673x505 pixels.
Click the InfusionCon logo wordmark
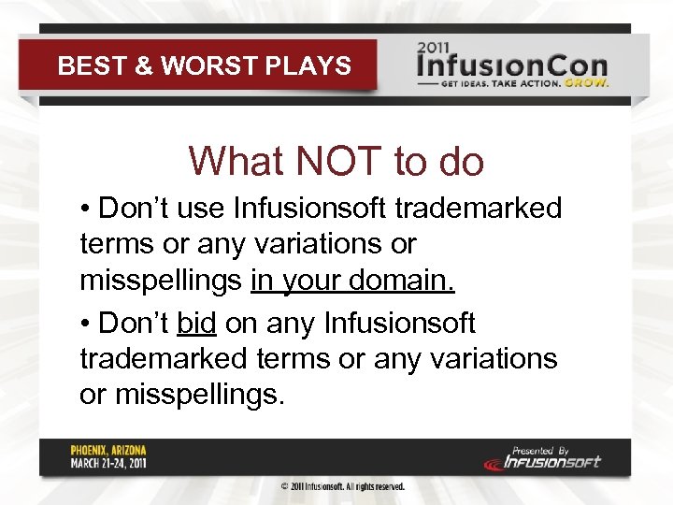point(511,65)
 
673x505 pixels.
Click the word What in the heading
point(236,161)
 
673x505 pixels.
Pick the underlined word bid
point(196,324)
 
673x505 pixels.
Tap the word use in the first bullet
point(201,208)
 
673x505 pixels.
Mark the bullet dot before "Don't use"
point(85,208)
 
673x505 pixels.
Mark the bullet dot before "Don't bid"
point(85,324)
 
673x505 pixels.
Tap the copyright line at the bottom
point(343,487)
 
